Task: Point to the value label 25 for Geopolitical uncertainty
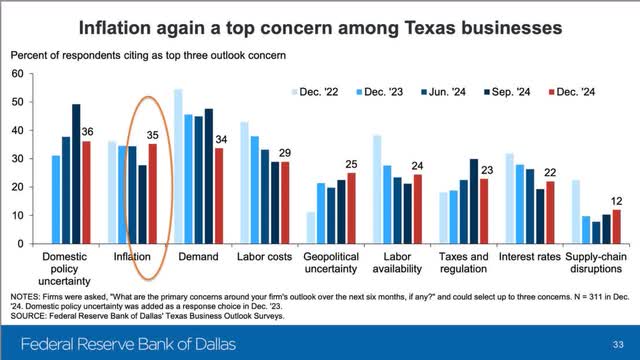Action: click(352, 164)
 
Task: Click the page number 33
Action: click(617, 341)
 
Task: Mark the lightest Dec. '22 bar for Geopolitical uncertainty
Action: click(310, 227)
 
